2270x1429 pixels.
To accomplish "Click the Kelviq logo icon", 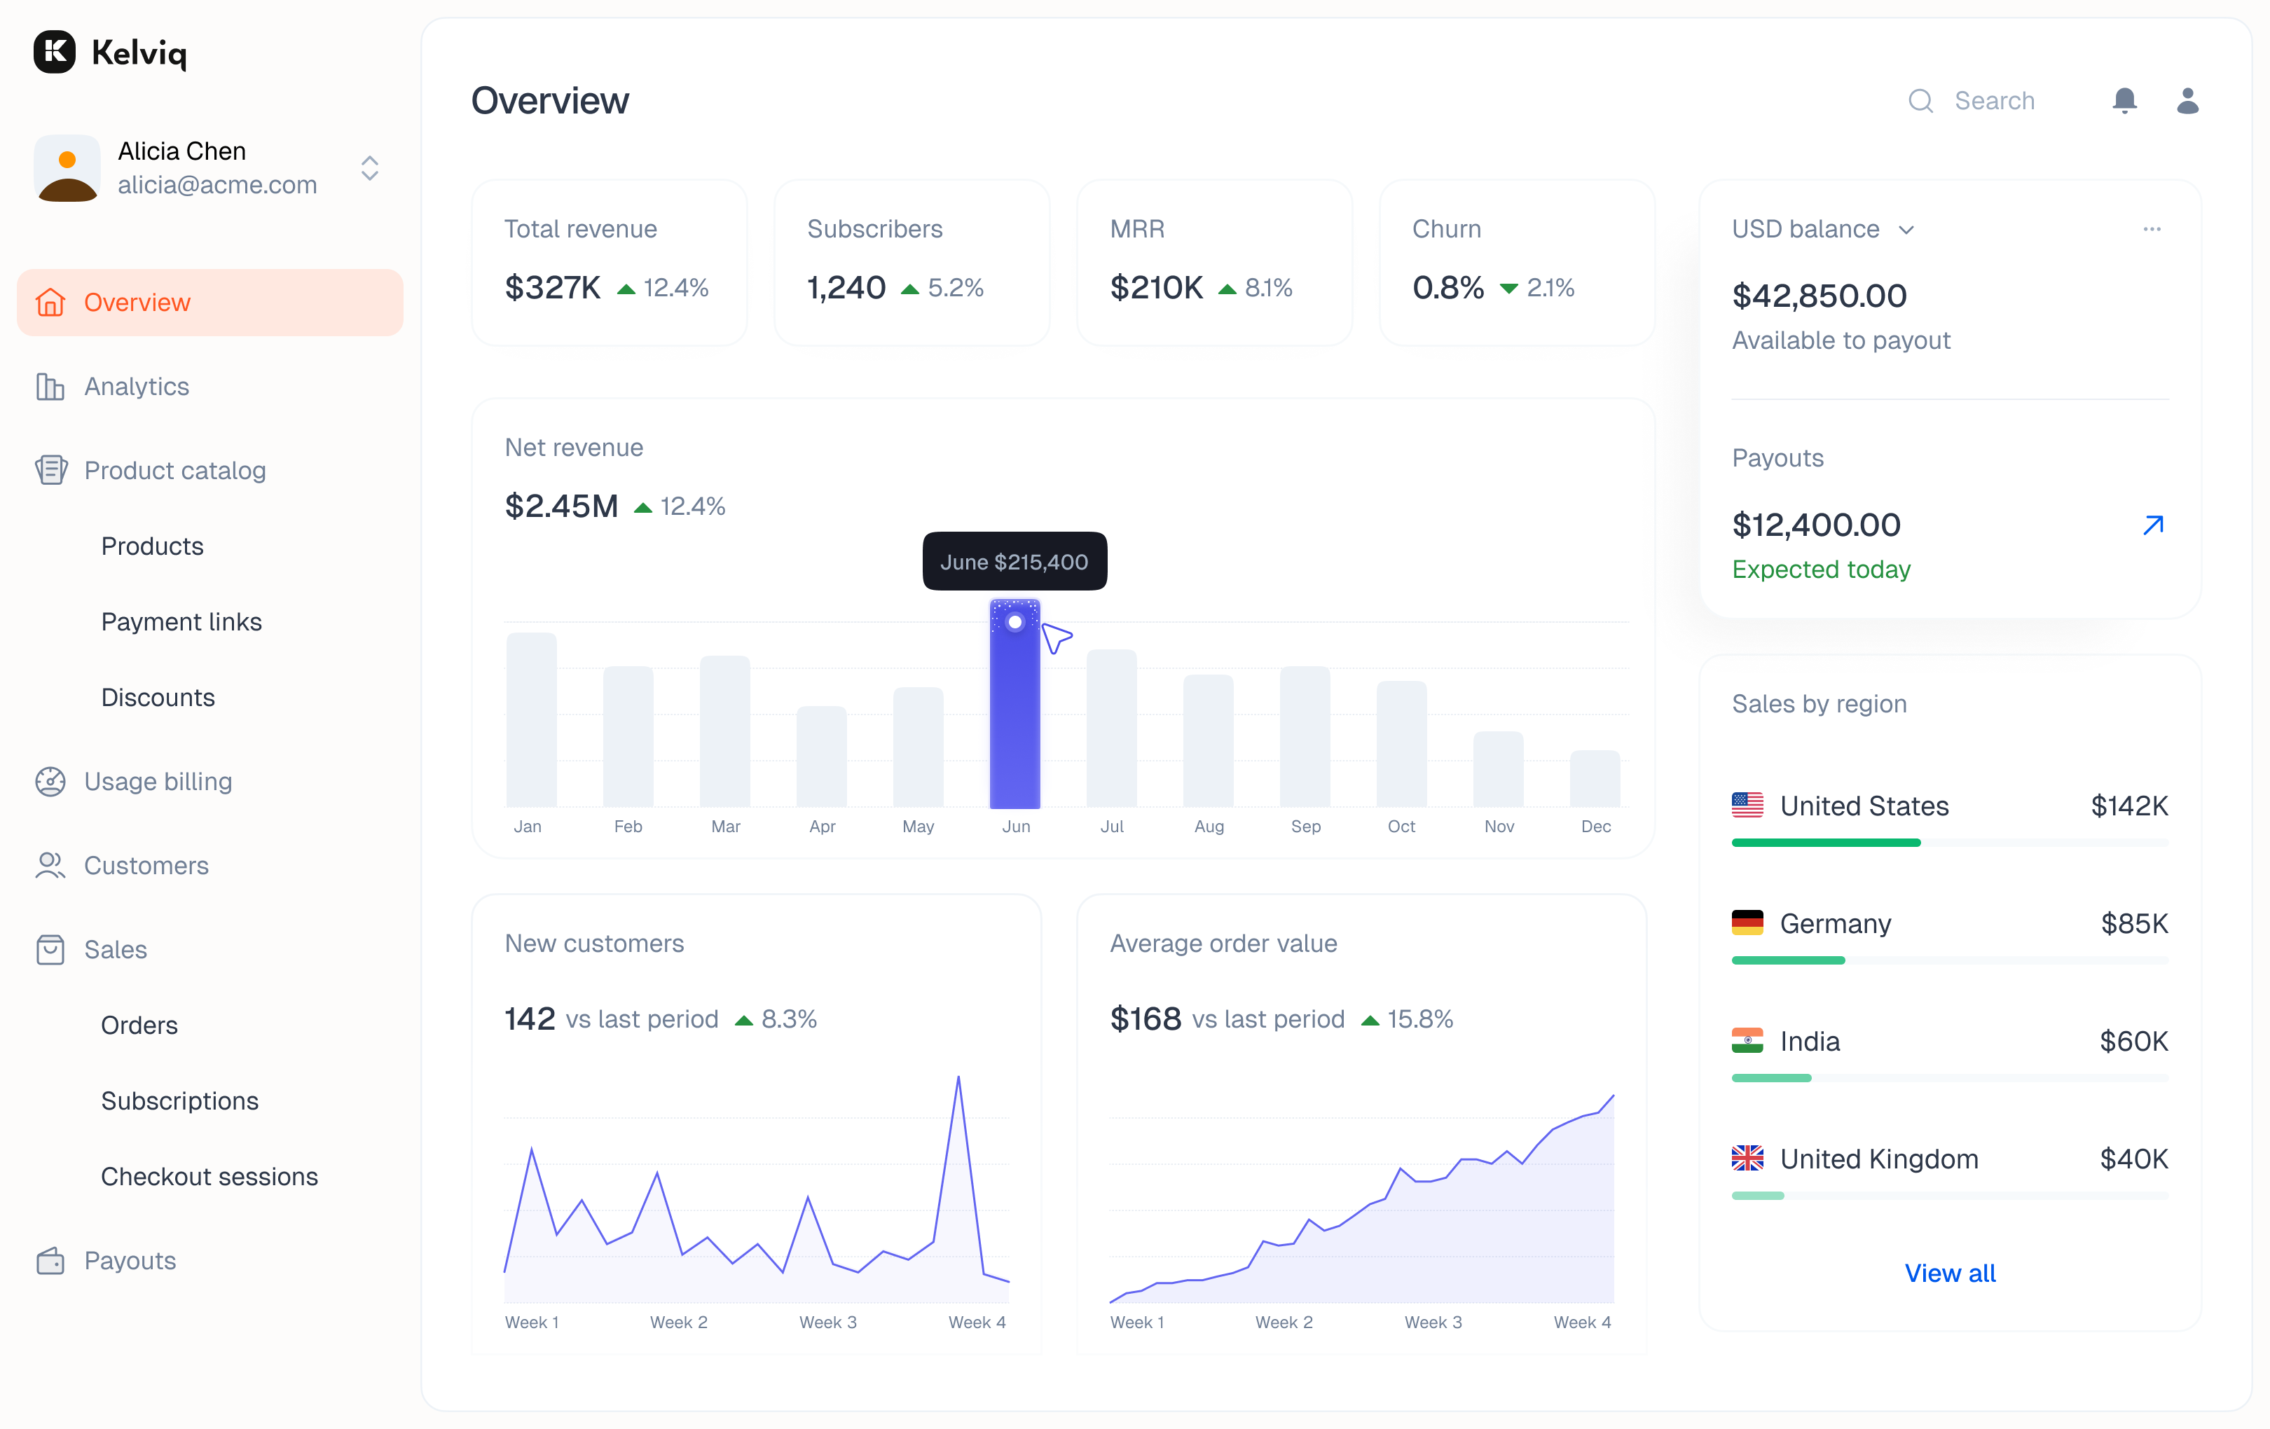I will click(x=55, y=52).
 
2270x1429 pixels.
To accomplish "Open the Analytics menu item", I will click(x=136, y=387).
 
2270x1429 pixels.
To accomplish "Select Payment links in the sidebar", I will click(x=181, y=622).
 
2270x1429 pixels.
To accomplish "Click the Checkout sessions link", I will click(x=209, y=1176).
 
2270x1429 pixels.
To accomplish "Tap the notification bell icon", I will click(x=2124, y=100).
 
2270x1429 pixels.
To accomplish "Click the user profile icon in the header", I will click(x=2187, y=100).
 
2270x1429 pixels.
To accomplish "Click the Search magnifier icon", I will click(x=1920, y=101).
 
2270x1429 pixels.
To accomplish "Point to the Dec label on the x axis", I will click(x=1595, y=827).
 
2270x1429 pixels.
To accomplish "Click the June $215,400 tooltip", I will click(x=1014, y=562).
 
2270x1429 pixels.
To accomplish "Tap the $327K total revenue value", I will click(x=552, y=287).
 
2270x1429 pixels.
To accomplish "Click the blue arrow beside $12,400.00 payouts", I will click(x=2153, y=525).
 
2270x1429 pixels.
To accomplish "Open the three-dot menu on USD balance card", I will click(x=2151, y=229).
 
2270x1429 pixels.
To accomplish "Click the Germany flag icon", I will click(x=1747, y=923).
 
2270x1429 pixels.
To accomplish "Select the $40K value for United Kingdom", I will click(x=2133, y=1159).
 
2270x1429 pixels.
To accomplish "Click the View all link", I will click(x=1950, y=1273).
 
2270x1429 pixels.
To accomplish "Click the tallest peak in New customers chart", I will click(x=958, y=1077).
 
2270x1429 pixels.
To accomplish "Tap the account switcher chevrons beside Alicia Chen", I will click(x=369, y=169).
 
